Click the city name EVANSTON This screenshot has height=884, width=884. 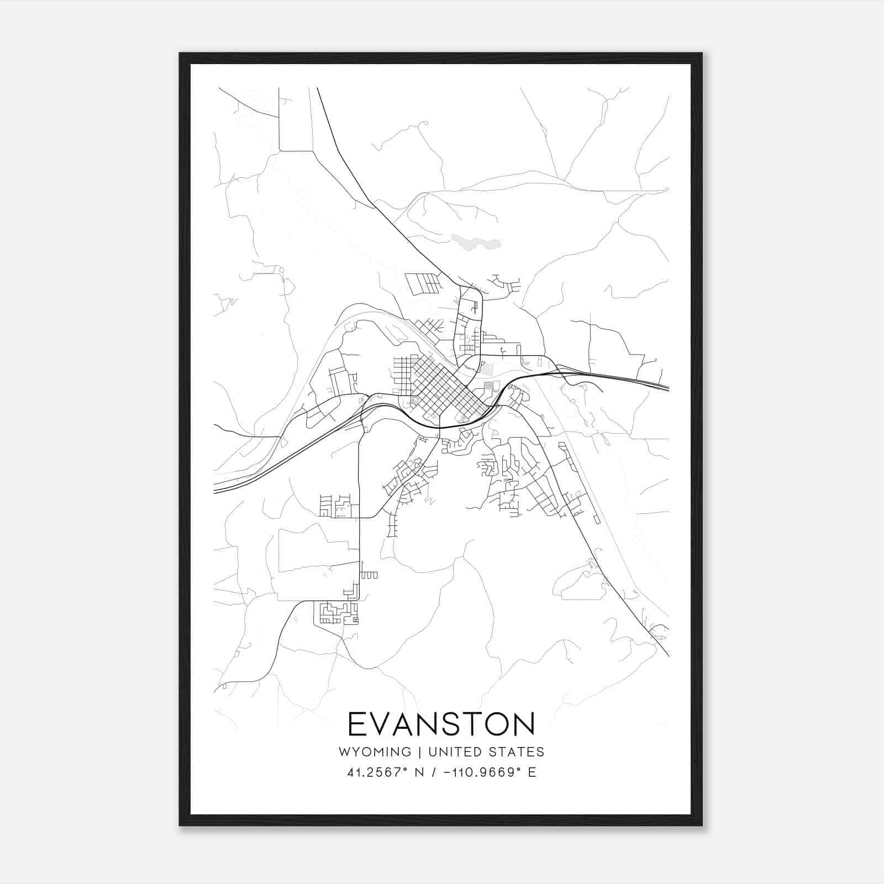[441, 724]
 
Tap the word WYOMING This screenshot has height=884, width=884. [375, 751]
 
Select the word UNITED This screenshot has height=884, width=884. [456, 751]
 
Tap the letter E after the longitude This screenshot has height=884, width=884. [532, 772]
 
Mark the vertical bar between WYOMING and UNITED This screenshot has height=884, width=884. [420, 751]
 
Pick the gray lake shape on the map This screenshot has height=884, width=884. [476, 241]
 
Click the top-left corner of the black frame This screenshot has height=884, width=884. [181, 54]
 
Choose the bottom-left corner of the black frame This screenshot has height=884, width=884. [181, 824]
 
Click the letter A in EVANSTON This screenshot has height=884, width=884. [411, 724]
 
